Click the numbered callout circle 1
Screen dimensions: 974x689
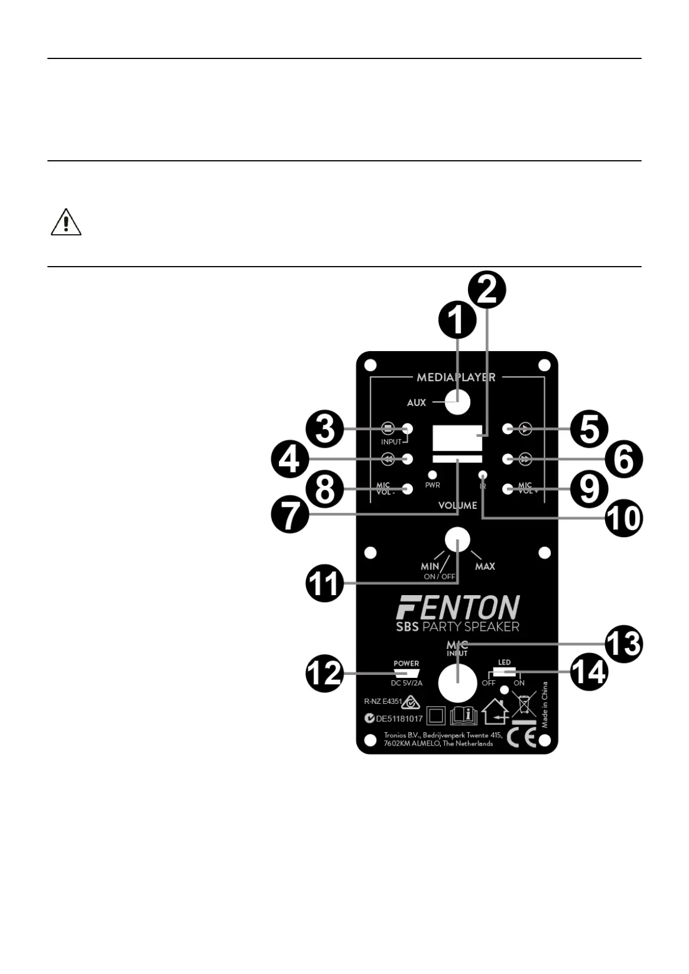click(457, 320)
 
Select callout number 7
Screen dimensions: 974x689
click(290, 513)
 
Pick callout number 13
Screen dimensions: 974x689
click(624, 644)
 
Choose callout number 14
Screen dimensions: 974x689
click(589, 673)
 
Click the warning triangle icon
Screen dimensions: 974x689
click(66, 223)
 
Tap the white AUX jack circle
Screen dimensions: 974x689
click(458, 402)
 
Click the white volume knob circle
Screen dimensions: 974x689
click(458, 540)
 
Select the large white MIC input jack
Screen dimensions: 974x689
click(458, 682)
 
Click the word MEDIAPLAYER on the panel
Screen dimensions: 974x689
click(456, 377)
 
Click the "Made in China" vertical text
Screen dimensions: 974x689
click(544, 704)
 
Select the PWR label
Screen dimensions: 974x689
click(433, 485)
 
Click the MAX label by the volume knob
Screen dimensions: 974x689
click(485, 566)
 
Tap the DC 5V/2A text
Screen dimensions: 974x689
click(407, 683)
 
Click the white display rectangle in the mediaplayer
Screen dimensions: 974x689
click(457, 438)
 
